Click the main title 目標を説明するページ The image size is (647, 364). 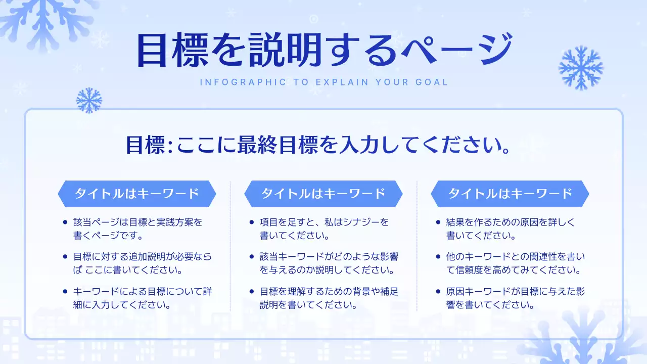coord(323,51)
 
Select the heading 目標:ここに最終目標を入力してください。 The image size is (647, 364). coord(317,146)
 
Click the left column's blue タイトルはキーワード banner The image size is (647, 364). coord(136,194)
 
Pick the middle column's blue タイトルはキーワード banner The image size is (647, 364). coord(323,194)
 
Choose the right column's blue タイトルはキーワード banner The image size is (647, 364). coord(510,194)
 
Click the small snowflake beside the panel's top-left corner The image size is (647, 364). coord(89,100)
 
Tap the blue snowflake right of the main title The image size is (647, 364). coord(581,68)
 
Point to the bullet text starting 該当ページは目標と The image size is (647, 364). coord(137,229)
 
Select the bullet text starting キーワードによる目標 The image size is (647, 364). coord(143,298)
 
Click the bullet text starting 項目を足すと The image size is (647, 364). coord(325,229)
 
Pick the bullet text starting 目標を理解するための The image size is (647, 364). coord(329,298)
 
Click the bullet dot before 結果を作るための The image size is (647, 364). coord(438,222)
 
